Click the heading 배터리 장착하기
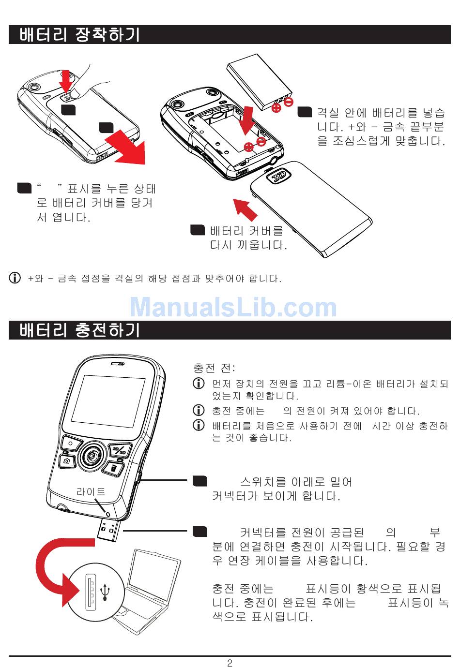tap(80, 35)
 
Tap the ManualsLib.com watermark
tap(233, 307)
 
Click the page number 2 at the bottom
tap(230, 662)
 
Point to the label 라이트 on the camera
tap(91, 491)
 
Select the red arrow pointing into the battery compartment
tap(248, 119)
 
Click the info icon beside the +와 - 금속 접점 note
tap(15, 278)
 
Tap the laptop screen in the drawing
tap(153, 576)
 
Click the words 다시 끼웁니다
tap(248, 245)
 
